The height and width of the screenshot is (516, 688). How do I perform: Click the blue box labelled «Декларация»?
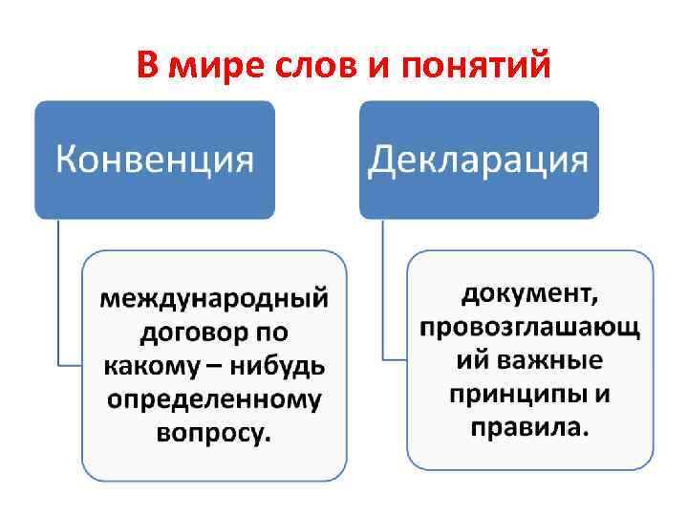tap(479, 160)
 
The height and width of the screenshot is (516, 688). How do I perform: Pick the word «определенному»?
tap(214, 398)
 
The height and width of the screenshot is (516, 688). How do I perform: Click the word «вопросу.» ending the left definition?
tap(214, 431)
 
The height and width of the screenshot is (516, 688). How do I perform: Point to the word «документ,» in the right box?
tap(530, 291)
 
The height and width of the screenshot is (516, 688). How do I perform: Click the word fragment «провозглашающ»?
tap(530, 325)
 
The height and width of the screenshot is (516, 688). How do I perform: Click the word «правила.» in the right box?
tap(530, 425)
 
